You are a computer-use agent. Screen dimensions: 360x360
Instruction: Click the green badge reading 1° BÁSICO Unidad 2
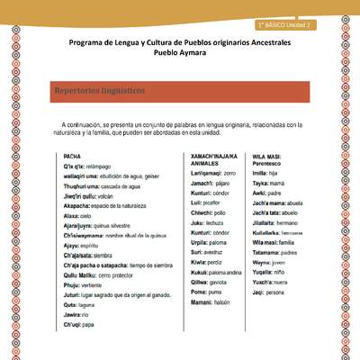tap(283, 24)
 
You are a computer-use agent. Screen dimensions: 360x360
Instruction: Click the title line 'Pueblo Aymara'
tap(180, 53)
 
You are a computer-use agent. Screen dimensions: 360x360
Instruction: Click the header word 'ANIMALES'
tap(207, 165)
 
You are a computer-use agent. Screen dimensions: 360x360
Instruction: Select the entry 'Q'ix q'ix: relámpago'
tap(89, 168)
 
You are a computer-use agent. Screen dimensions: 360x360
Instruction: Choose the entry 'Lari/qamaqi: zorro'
tap(212, 173)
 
